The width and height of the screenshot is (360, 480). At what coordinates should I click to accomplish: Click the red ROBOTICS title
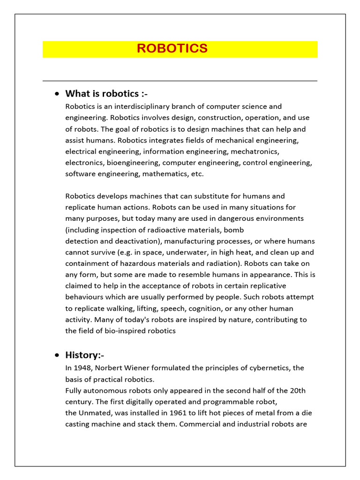172,49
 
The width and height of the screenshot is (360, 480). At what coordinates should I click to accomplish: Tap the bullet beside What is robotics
57,94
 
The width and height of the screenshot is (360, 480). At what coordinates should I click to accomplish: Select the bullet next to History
57,355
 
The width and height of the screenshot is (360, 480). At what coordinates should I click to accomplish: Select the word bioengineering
133,163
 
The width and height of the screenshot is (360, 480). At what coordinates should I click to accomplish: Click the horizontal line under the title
180,81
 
